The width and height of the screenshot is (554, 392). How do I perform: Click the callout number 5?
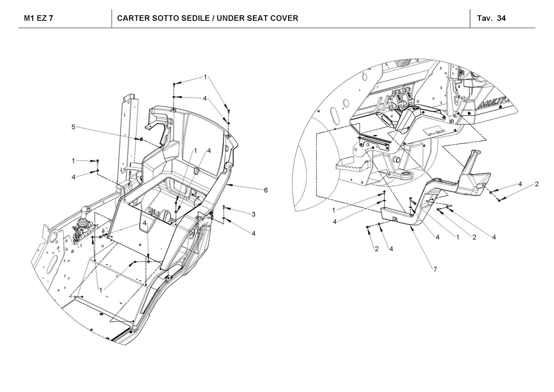coord(73,127)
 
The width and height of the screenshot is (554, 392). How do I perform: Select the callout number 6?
coord(266,190)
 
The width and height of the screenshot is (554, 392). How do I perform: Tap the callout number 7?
coord(435,269)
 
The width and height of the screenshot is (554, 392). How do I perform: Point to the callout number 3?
coord(253,214)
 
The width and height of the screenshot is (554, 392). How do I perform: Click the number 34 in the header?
coord(501,18)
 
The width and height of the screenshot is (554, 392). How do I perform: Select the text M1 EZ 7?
coord(39,18)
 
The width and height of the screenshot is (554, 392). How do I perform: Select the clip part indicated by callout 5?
coord(140,139)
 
